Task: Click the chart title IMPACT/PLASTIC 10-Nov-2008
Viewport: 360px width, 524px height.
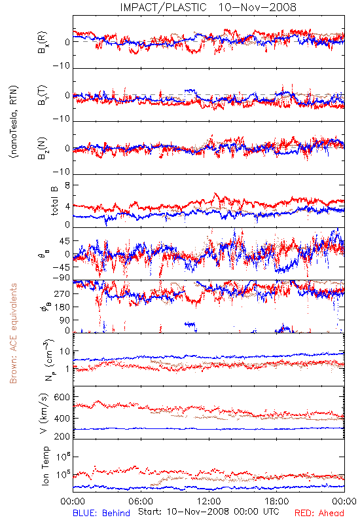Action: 208,7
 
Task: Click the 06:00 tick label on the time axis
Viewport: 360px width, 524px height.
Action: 141,501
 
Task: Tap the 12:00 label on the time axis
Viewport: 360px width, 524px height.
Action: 209,501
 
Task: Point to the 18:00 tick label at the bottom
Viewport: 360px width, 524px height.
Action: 277,501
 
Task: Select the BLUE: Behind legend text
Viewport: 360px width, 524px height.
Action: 101,514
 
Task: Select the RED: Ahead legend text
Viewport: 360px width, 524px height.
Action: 319,514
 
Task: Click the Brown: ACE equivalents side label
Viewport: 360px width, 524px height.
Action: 13,333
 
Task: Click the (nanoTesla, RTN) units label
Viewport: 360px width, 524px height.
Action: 14,122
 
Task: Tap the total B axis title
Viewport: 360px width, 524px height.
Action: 54,201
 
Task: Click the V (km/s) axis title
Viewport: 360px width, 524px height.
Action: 44,413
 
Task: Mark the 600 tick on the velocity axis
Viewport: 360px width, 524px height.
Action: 62,397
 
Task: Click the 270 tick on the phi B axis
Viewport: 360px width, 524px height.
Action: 62,293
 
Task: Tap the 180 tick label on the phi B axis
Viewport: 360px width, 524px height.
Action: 62,307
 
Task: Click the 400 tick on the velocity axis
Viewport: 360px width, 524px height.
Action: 62,418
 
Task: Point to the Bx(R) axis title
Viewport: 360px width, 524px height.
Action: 43,43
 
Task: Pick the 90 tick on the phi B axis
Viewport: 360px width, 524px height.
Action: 65,320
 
